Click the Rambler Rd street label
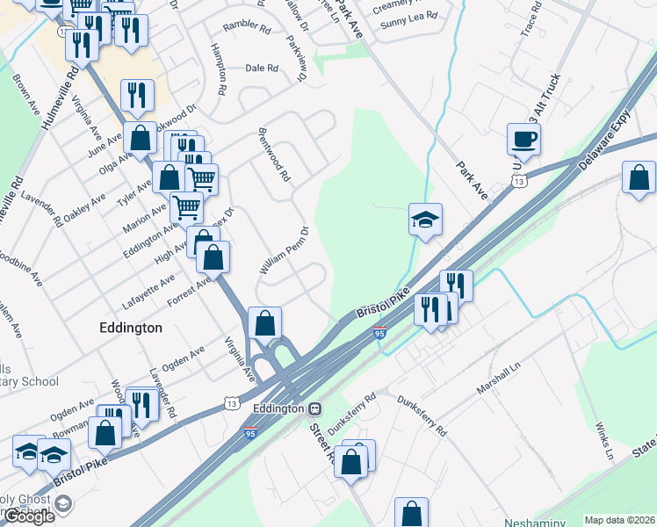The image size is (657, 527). (x=247, y=28)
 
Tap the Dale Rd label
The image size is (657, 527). (x=262, y=68)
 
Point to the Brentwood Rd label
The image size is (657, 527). (x=273, y=155)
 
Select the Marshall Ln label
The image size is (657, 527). (x=497, y=379)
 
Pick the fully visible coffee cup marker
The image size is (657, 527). (x=523, y=139)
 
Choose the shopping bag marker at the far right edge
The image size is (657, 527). (x=639, y=177)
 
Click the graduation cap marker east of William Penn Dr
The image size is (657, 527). (x=425, y=220)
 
